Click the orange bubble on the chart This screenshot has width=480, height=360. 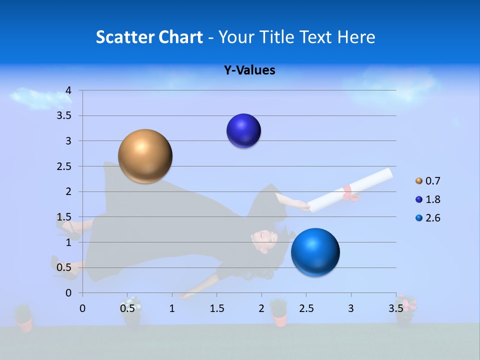(x=145, y=156)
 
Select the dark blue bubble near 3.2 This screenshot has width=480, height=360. (x=243, y=131)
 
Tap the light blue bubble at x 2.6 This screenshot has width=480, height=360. (x=315, y=252)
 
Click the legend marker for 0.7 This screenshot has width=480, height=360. (x=419, y=181)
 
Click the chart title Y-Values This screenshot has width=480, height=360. (x=249, y=70)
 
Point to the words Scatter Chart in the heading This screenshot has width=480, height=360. (x=149, y=37)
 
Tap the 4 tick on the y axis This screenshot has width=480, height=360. (x=68, y=90)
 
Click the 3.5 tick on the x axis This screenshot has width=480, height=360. (x=395, y=308)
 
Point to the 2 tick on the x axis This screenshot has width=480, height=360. (x=261, y=308)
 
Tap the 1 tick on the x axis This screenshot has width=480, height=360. (x=172, y=308)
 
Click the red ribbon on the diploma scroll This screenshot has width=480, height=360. (x=350, y=193)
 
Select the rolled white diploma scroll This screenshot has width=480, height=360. (x=350, y=190)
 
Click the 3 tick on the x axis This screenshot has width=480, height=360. (x=350, y=308)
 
